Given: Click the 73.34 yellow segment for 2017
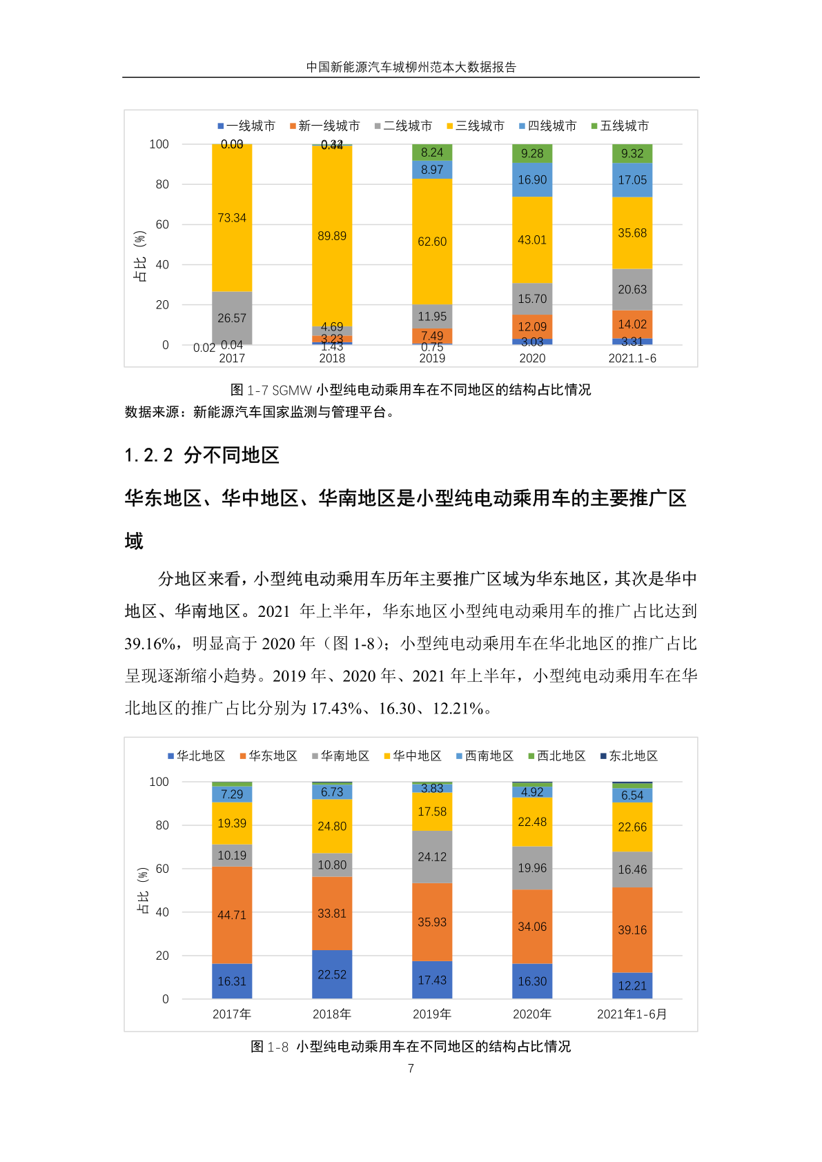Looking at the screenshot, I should [x=232, y=218].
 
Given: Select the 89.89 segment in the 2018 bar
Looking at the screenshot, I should [x=332, y=236].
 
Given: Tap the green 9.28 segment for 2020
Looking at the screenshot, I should [x=532, y=153].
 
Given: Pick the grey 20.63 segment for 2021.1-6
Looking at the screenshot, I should [x=632, y=289].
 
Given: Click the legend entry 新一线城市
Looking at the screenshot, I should [x=324, y=126].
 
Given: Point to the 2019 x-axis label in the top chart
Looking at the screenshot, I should [x=432, y=358].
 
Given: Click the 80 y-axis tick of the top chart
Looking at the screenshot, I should [x=162, y=184].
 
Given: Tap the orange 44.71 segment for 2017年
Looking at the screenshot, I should [x=232, y=915].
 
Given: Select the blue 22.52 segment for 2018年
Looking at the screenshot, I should [x=332, y=974].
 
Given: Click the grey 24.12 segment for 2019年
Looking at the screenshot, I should [x=432, y=857].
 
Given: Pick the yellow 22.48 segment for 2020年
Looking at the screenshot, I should [x=532, y=822].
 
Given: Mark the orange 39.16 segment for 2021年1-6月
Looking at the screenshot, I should [x=632, y=930].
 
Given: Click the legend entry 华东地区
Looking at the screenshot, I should [x=268, y=756].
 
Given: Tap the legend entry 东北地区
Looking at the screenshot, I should [x=629, y=756].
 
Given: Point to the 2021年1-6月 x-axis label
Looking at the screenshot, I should [x=632, y=1014].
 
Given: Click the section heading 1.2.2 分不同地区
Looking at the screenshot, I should [x=202, y=455].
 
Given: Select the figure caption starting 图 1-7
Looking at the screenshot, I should [x=411, y=390].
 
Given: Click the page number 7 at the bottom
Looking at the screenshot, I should [x=411, y=1068].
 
